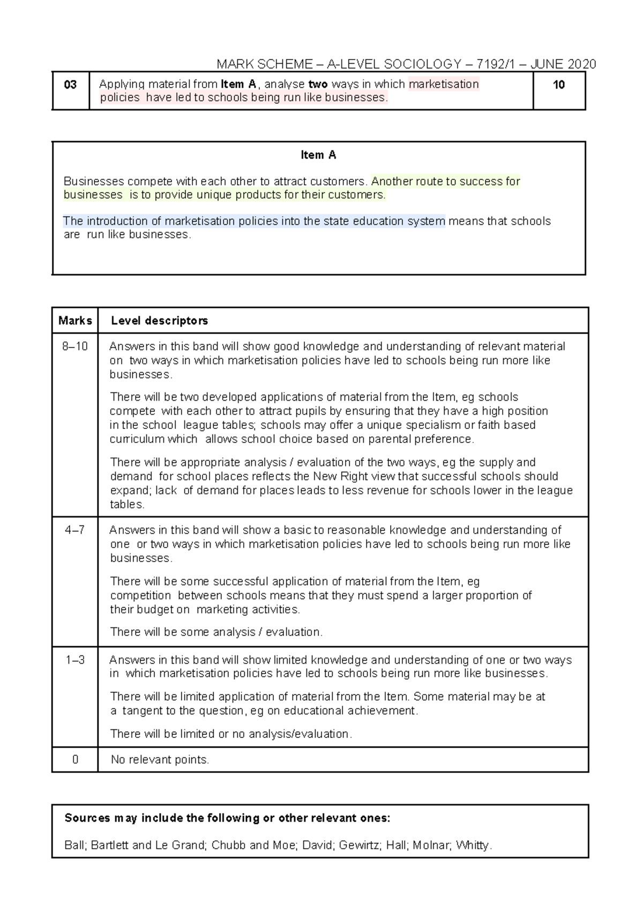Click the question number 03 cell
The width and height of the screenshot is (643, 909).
click(70, 85)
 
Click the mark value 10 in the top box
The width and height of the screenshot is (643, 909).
click(559, 85)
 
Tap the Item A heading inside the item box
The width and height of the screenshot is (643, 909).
click(318, 155)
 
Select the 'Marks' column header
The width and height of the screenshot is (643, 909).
click(75, 321)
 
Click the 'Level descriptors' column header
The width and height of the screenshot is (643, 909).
click(159, 321)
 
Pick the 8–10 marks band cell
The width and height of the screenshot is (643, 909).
click(75, 346)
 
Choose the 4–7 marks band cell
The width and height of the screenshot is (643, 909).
click(75, 530)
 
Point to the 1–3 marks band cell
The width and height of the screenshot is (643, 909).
click(75, 660)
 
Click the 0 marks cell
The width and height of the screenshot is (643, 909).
click(75, 759)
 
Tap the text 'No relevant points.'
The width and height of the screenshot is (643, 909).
click(160, 759)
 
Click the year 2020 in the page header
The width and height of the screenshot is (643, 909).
click(581, 64)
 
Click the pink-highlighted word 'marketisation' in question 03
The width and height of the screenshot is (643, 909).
click(444, 84)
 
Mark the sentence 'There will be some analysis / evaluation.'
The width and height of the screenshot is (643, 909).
click(216, 632)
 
